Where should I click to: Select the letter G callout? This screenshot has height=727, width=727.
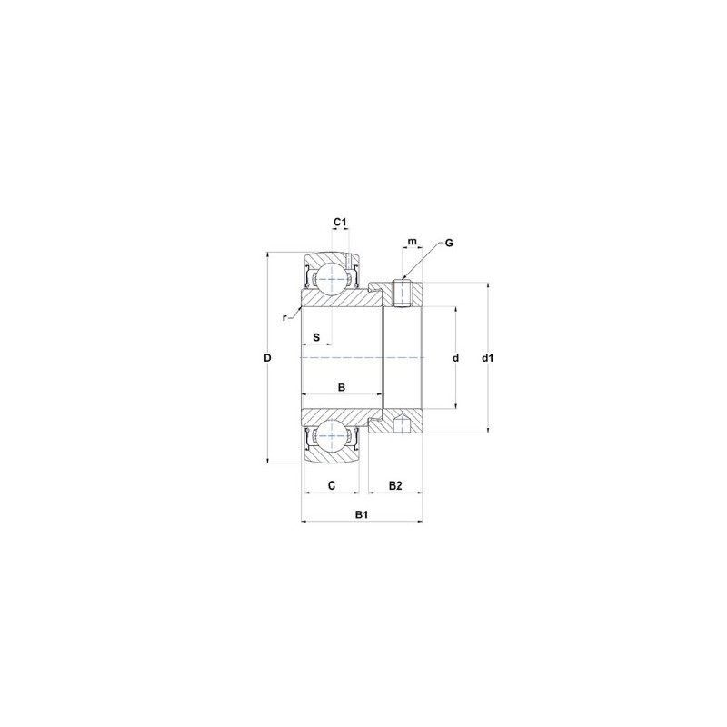449,244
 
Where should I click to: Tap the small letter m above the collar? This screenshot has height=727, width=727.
412,242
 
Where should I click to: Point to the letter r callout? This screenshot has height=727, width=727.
284,317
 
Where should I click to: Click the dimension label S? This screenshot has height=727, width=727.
316,337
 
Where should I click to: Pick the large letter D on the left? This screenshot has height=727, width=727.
267,358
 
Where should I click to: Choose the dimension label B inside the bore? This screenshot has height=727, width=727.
342,388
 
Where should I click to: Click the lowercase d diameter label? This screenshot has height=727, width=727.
455,358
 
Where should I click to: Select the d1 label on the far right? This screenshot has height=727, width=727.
488,358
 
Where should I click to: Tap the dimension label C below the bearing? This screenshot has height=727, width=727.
333,486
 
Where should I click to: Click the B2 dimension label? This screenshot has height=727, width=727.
395,486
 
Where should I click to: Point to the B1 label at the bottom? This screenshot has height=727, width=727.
361,515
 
